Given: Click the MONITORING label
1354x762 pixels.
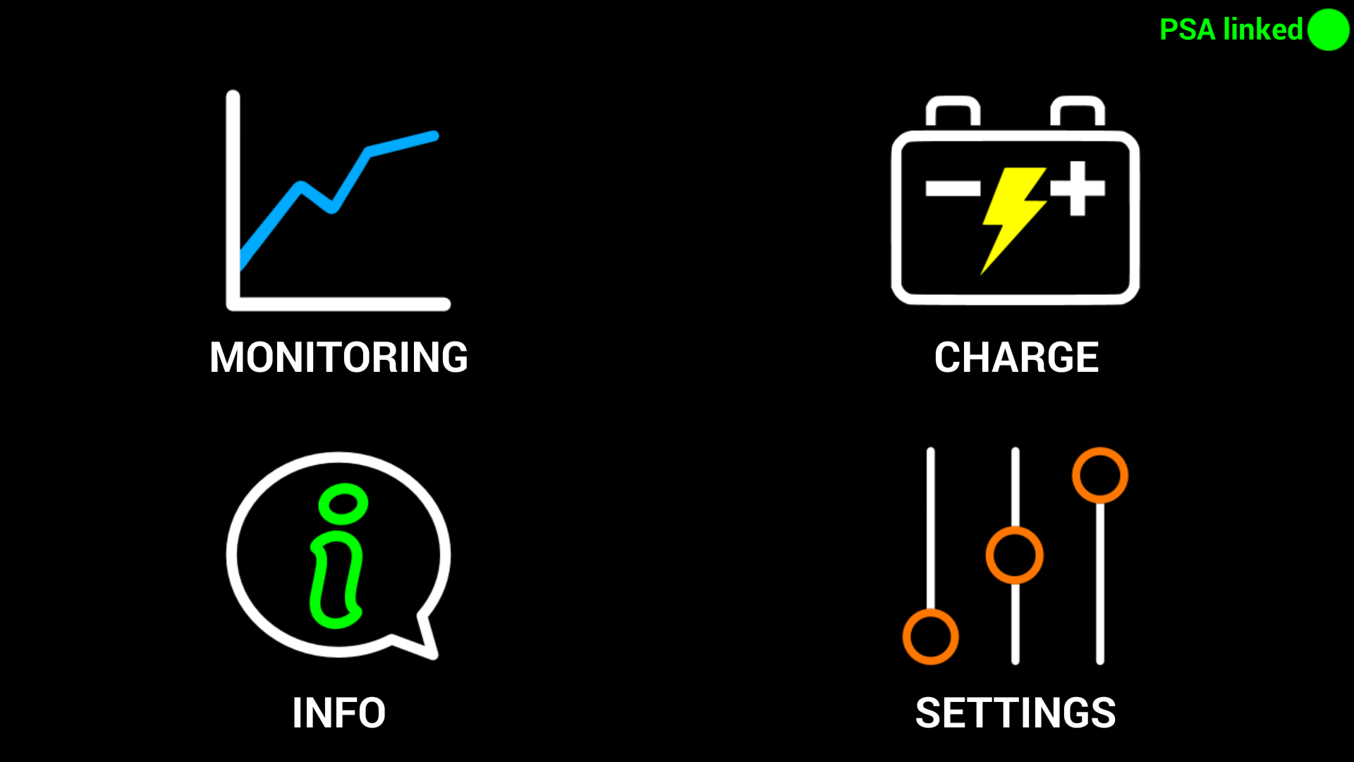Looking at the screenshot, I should click(338, 357).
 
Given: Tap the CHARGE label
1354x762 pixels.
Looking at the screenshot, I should click(1016, 357).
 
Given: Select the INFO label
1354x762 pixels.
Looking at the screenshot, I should click(338, 713).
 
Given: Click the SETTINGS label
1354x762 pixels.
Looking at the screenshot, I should click(1015, 713).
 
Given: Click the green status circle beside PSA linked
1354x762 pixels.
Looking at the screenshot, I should click(1328, 30).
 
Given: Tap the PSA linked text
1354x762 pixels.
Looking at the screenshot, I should click(1231, 30).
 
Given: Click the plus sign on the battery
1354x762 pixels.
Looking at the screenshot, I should click(1077, 188).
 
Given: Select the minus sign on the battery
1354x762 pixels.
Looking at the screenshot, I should click(953, 188).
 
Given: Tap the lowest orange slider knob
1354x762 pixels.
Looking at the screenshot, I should click(930, 637).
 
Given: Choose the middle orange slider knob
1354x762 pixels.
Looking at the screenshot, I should click(1014, 555).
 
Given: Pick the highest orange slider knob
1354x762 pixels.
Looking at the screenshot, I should click(1099, 475).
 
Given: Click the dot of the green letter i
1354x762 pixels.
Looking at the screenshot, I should click(343, 504).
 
